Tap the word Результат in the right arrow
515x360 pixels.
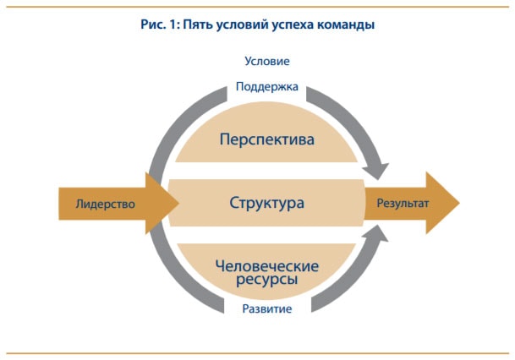tap(397, 204)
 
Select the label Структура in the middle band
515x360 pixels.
tap(266, 204)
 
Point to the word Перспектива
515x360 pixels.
tap(267, 138)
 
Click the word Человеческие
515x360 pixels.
tap(267, 266)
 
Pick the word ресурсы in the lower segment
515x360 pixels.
tap(267, 281)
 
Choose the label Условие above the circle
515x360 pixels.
tap(267, 61)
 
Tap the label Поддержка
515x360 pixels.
tap(267, 87)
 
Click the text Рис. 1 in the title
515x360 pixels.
tap(158, 25)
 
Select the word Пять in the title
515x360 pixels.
tap(200, 25)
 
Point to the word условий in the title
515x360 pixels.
tap(246, 25)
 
